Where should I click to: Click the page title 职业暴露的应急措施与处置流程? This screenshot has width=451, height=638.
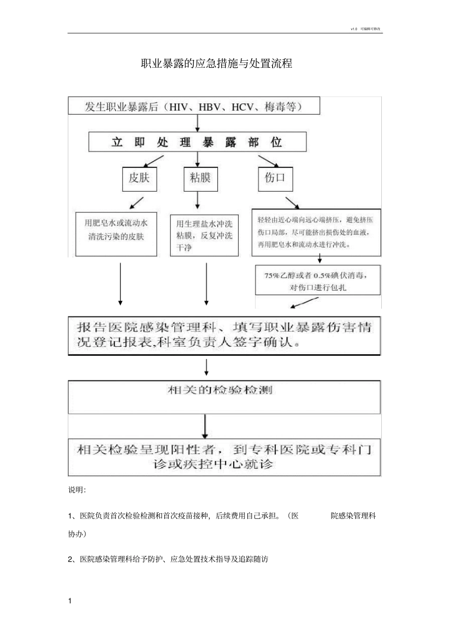(216, 64)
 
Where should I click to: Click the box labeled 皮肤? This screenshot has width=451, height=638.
(139, 178)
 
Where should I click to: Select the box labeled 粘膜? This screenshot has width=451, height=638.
(200, 178)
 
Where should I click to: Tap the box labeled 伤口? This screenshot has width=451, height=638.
(275, 178)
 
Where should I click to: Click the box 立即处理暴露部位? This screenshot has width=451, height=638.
(197, 142)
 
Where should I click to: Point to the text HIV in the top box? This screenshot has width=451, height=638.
(179, 107)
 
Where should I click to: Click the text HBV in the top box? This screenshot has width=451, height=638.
(209, 107)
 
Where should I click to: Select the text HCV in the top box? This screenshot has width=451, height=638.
(243, 107)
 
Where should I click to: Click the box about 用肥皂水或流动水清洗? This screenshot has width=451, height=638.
(116, 233)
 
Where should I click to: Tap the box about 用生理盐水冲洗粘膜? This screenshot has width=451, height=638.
(204, 235)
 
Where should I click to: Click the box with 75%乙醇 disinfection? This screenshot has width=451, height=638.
(318, 281)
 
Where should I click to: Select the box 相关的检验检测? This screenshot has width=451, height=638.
(224, 397)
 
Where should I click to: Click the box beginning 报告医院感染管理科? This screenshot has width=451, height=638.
(224, 335)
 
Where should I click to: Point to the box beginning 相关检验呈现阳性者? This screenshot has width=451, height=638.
(224, 457)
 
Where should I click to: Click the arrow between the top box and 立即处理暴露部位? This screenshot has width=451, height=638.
(198, 123)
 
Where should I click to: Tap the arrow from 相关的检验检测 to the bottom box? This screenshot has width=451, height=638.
(205, 426)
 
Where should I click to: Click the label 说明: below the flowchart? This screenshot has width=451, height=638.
(77, 490)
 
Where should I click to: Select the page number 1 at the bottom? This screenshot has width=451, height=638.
(70, 601)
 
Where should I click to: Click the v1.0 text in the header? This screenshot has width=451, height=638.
(353, 29)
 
